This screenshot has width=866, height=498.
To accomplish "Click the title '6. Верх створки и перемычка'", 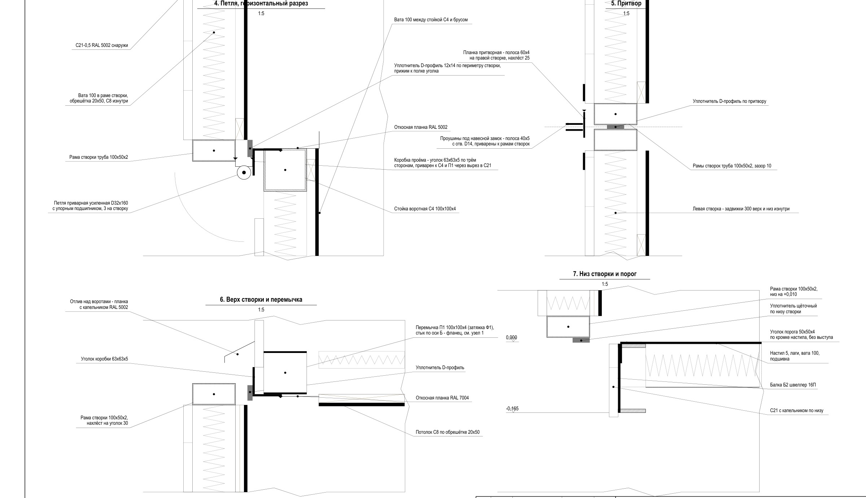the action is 261,300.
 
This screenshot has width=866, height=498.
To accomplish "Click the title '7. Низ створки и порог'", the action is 605,274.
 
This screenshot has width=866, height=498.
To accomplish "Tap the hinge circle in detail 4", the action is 244,172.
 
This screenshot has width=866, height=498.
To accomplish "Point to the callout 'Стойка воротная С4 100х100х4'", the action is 425,209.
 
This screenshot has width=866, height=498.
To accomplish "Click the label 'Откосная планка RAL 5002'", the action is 421,127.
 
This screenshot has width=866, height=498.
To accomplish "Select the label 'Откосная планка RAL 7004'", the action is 442,398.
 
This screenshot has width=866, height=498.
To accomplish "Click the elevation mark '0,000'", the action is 511,338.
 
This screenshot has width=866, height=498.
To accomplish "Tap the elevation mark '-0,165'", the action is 512,409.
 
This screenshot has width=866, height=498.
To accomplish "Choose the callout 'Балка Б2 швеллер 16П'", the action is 793,385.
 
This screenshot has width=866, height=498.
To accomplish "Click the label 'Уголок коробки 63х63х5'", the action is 104,359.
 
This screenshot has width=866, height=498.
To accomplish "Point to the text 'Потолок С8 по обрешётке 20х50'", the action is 448,432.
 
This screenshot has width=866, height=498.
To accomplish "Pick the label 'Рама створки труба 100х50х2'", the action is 99,158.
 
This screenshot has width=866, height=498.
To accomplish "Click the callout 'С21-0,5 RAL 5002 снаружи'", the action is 102,46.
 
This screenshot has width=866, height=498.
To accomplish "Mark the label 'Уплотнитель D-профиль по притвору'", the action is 729,101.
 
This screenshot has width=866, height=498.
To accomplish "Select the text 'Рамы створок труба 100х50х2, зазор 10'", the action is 732,166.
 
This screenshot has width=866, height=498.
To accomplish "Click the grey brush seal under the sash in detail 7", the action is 581,340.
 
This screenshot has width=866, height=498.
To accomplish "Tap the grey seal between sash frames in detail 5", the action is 615,127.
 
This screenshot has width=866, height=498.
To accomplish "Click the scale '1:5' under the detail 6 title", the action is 261,310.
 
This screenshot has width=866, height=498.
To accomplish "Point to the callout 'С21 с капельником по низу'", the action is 797,411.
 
